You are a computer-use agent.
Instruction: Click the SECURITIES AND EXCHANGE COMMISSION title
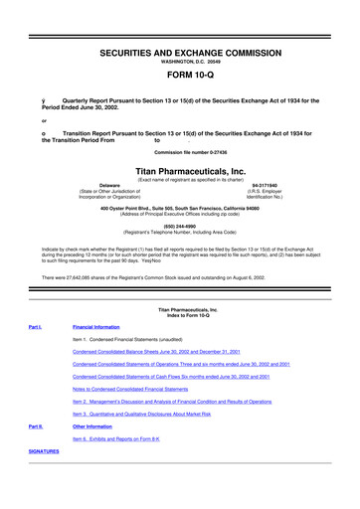[x=180, y=33]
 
